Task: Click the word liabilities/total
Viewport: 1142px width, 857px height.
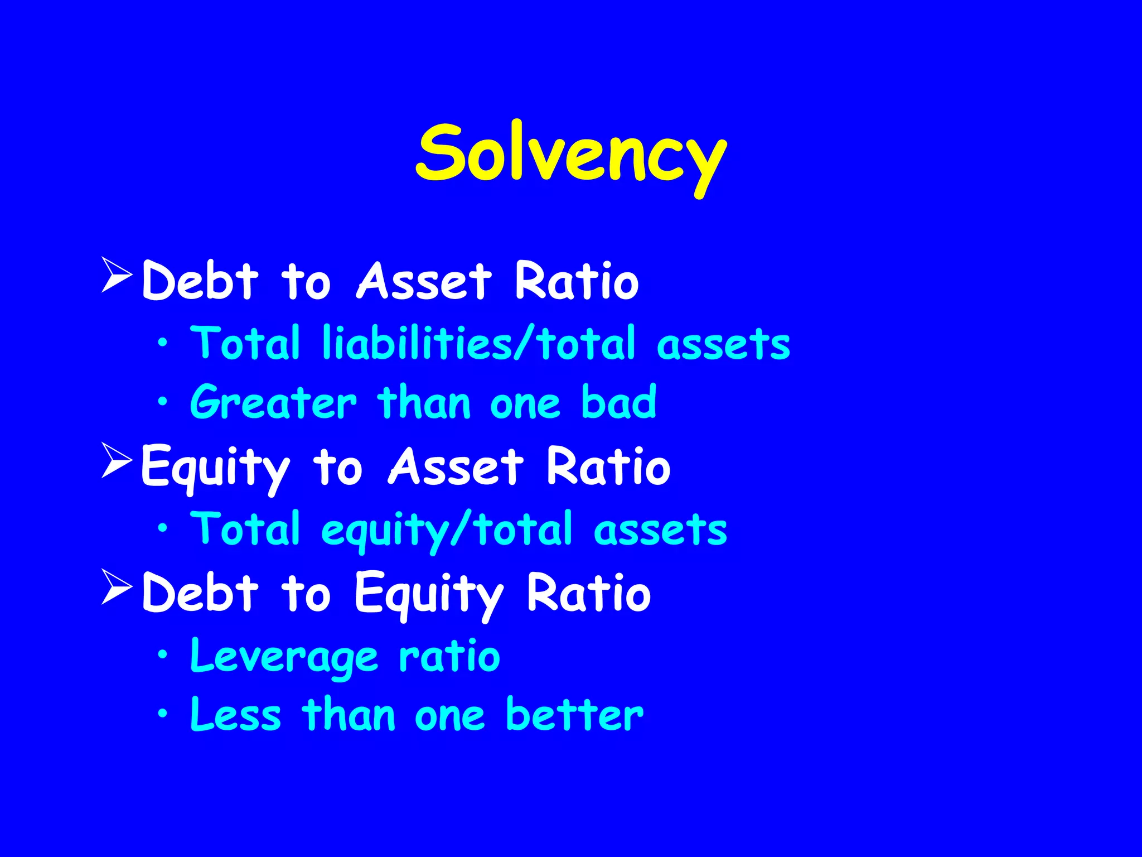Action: (478, 343)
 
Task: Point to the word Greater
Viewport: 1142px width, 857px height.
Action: (273, 402)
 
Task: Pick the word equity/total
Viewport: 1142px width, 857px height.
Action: (446, 530)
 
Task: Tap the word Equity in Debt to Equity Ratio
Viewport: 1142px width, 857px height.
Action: (429, 595)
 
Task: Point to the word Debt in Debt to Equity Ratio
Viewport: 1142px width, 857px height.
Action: (200, 593)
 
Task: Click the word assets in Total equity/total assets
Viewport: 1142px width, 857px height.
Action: (660, 530)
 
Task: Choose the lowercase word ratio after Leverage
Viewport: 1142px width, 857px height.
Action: (449, 656)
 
